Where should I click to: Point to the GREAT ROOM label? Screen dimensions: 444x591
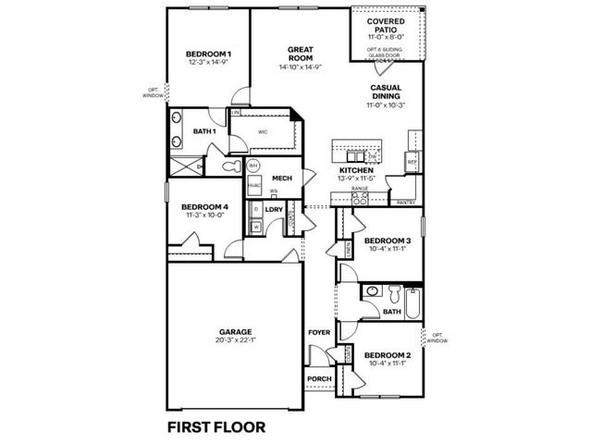298,52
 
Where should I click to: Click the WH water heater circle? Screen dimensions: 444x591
252,166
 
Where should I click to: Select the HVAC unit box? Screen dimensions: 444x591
252,183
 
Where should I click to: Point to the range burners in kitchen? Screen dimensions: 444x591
361,197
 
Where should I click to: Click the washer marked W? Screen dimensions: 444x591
255,226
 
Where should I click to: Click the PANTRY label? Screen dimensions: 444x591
404,201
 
